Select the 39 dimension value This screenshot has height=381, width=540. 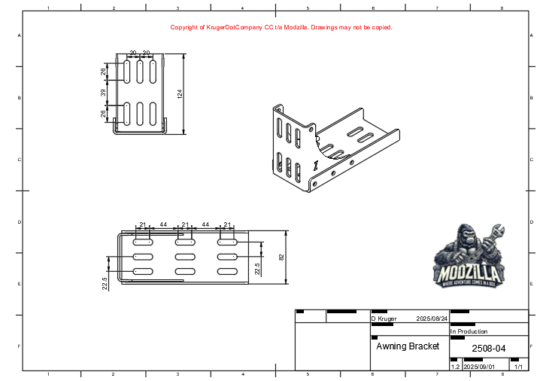(x=103, y=93)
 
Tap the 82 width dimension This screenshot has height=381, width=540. (x=282, y=257)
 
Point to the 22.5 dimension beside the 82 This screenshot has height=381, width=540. (x=257, y=269)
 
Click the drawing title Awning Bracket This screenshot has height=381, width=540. (x=407, y=346)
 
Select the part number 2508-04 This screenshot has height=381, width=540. (x=488, y=349)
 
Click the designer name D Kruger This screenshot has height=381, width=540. (x=384, y=319)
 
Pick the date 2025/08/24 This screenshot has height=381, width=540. (x=432, y=319)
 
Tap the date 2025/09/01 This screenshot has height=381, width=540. (x=479, y=367)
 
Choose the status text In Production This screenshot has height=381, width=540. (x=469, y=331)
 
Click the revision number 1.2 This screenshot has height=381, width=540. (x=454, y=367)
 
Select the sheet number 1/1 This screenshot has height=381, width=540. (x=517, y=367)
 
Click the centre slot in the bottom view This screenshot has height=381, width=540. (x=184, y=257)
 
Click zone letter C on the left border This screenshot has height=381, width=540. (x=19, y=160)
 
